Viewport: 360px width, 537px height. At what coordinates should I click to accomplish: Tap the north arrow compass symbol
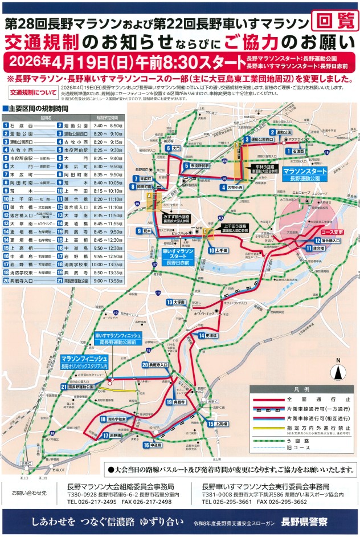tap(337, 371)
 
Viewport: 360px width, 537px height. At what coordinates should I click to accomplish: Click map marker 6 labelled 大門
tap(173, 148)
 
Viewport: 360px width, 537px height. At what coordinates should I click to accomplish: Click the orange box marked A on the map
tap(150, 196)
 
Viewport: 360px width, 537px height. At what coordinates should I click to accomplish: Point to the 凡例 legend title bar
tap(301, 389)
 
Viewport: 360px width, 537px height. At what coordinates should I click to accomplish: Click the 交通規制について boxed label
tap(32, 92)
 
